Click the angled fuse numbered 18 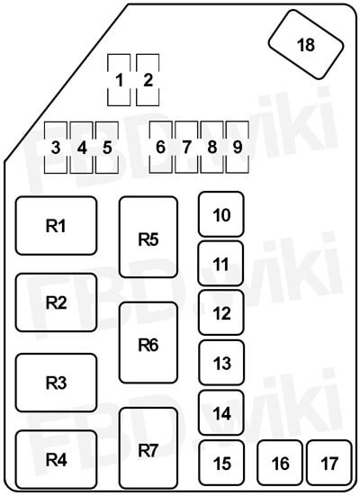tap(306, 44)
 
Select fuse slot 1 tap(119, 80)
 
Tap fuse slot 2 tap(148, 80)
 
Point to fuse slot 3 tap(56, 148)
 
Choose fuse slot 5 tap(107, 148)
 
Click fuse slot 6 tap(161, 147)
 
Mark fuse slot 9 tap(238, 147)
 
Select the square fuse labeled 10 tap(221, 214)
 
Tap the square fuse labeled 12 tap(221, 312)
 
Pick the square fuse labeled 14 tap(221, 412)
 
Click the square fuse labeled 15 tap(221, 463)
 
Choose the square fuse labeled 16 tap(280, 463)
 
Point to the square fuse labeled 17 tap(329, 463)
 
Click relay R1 tap(57, 226)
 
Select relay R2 tap(57, 302)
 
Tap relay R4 tap(57, 459)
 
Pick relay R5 tap(148, 238)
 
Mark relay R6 tap(148, 343)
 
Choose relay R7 tap(148, 448)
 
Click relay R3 tap(57, 383)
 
